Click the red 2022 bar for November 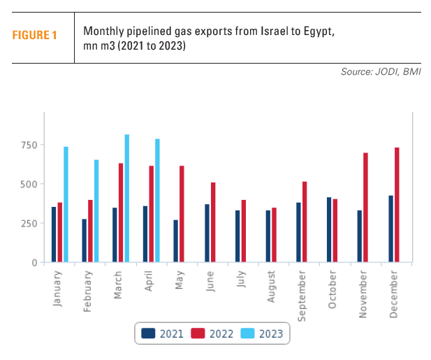[365, 208]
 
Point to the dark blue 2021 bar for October [329, 230]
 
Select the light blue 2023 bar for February [96, 211]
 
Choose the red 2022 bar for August [274, 235]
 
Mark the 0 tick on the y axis [36, 262]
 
